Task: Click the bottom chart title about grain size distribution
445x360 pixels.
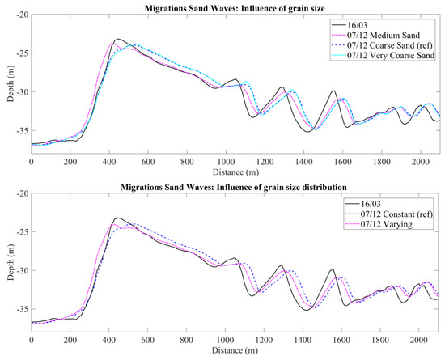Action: [235, 187]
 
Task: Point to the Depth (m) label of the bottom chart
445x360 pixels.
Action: [7, 260]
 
